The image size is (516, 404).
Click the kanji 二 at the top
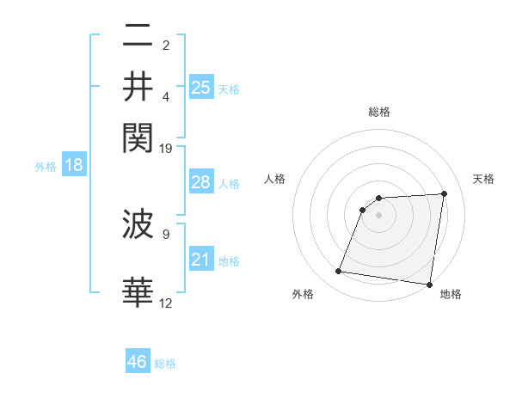click(x=138, y=36)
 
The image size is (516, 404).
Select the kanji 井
click(x=138, y=86)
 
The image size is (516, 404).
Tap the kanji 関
click(x=138, y=135)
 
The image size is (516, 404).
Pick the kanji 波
click(x=138, y=225)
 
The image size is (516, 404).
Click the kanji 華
click(x=138, y=292)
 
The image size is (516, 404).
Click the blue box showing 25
click(x=201, y=88)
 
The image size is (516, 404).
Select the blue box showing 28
click(x=201, y=182)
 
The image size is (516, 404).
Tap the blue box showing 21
click(x=201, y=260)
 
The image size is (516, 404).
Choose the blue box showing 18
click(x=74, y=165)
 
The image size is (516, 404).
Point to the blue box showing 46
click(x=138, y=362)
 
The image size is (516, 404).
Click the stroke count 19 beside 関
click(x=166, y=149)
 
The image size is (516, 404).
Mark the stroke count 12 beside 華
click(x=166, y=302)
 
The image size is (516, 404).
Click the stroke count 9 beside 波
click(x=166, y=233)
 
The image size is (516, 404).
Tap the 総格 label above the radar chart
click(x=379, y=112)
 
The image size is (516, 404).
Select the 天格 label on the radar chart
click(x=483, y=179)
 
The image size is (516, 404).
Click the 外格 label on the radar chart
click(x=303, y=294)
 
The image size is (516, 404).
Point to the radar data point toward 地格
click(x=429, y=285)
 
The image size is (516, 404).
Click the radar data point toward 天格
click(x=444, y=193)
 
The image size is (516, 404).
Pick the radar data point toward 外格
click(x=339, y=272)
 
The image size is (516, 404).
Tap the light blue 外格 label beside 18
click(x=46, y=167)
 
